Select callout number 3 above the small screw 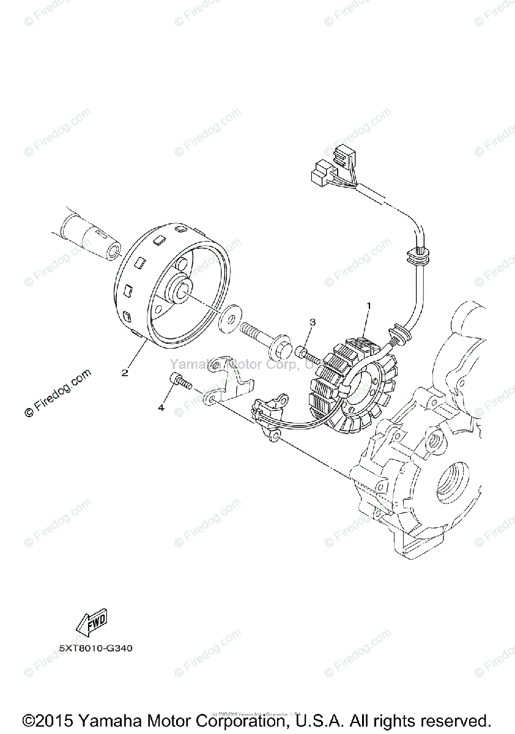(312, 322)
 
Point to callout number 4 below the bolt (161, 407)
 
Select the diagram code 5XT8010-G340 (95, 648)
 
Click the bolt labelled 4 (181, 382)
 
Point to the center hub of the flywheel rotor (184, 287)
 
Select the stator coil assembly (352, 382)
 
